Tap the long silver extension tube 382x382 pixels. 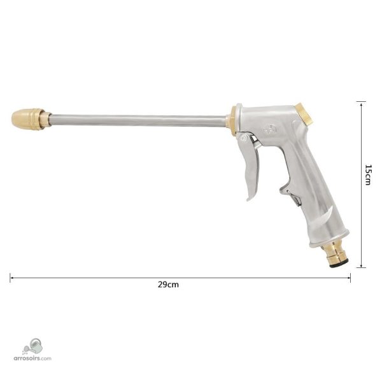[x=138, y=120]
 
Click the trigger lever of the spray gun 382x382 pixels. [x=250, y=166]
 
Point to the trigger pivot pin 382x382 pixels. [x=243, y=138]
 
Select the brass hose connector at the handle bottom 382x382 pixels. [x=334, y=255]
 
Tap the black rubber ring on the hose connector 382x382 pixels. [x=338, y=264]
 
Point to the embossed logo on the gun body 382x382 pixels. [x=270, y=130]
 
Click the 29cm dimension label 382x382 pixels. [x=168, y=285]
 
